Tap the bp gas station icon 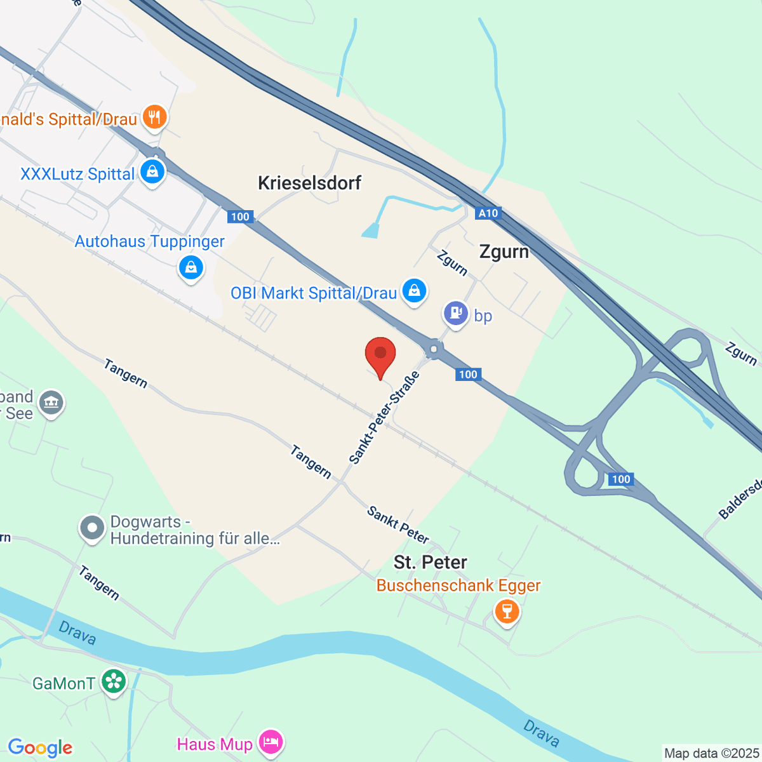tap(455, 313)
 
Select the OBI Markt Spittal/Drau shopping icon tap(414, 291)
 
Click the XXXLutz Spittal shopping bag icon tap(152, 171)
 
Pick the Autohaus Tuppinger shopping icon tap(190, 267)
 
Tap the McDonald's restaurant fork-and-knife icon tap(154, 117)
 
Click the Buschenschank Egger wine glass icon tap(507, 612)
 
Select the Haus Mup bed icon tap(271, 742)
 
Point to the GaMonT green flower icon tap(114, 682)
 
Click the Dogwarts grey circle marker tap(92, 528)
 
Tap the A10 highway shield tap(488, 213)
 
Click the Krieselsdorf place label tap(309, 183)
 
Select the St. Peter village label tap(430, 562)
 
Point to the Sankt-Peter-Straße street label tap(384, 418)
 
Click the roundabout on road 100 tap(434, 349)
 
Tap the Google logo tap(40, 747)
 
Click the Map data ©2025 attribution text tap(711, 753)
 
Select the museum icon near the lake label tap(51, 403)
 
